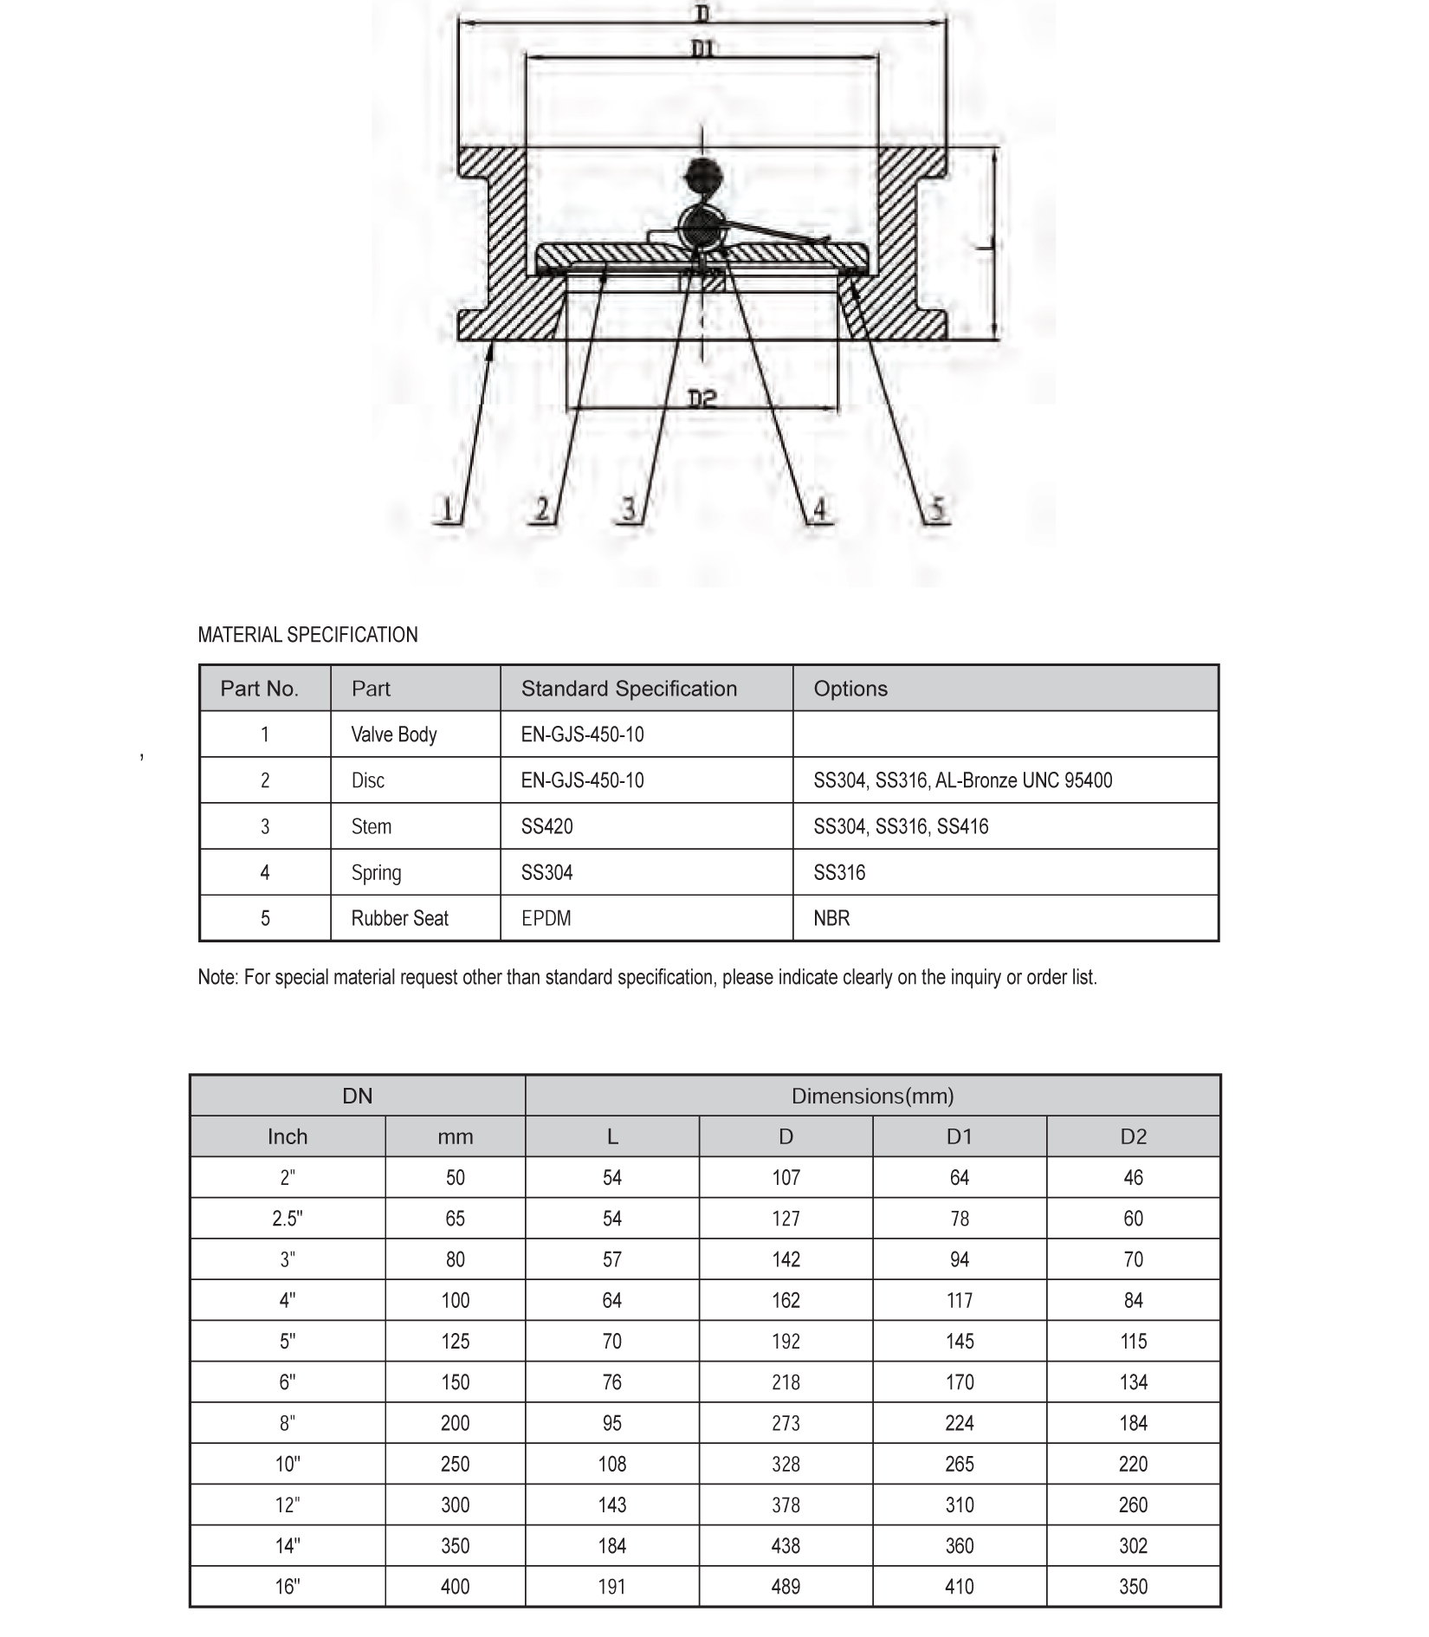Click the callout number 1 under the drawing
[447, 508]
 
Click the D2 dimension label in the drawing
[702, 399]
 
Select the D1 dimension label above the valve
[703, 49]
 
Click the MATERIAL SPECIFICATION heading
[307, 635]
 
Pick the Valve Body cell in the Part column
[394, 734]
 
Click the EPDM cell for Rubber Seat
[546, 918]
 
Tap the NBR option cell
[831, 918]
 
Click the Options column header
[850, 689]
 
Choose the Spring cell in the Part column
[376, 872]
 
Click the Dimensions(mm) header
[872, 1096]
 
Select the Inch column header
[288, 1136]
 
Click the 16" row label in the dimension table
[288, 1587]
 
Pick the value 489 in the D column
[786, 1587]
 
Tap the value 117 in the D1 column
[960, 1300]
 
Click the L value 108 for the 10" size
[612, 1464]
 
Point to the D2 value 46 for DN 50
[1133, 1178]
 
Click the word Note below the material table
[217, 978]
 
